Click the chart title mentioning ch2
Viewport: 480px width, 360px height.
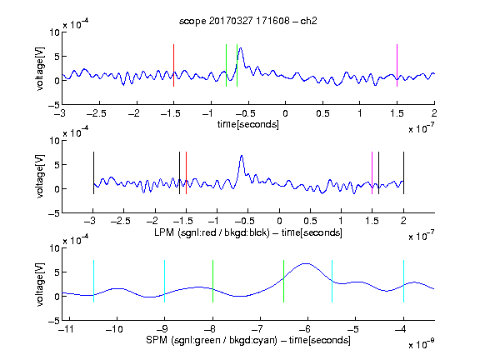click(248, 21)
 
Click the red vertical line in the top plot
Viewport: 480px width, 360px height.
click(173, 66)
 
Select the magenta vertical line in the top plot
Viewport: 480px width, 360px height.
click(397, 66)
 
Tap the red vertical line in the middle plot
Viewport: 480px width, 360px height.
click(186, 173)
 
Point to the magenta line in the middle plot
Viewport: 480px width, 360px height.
click(372, 173)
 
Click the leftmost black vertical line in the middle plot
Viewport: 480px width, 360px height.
click(93, 173)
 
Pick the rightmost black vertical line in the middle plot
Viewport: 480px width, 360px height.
click(403, 173)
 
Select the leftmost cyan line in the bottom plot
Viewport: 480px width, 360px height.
click(93, 282)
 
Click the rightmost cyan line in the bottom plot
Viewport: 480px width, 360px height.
click(403, 282)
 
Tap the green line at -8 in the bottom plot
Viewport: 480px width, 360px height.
click(212, 282)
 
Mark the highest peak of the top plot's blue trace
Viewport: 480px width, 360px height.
click(241, 48)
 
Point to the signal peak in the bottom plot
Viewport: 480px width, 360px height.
click(306, 263)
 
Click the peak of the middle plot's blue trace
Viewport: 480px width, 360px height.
click(242, 156)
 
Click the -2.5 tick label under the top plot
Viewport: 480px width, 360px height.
click(97, 114)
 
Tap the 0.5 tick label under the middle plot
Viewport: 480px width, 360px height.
click(310, 222)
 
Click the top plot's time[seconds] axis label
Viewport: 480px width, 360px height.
click(248, 125)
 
